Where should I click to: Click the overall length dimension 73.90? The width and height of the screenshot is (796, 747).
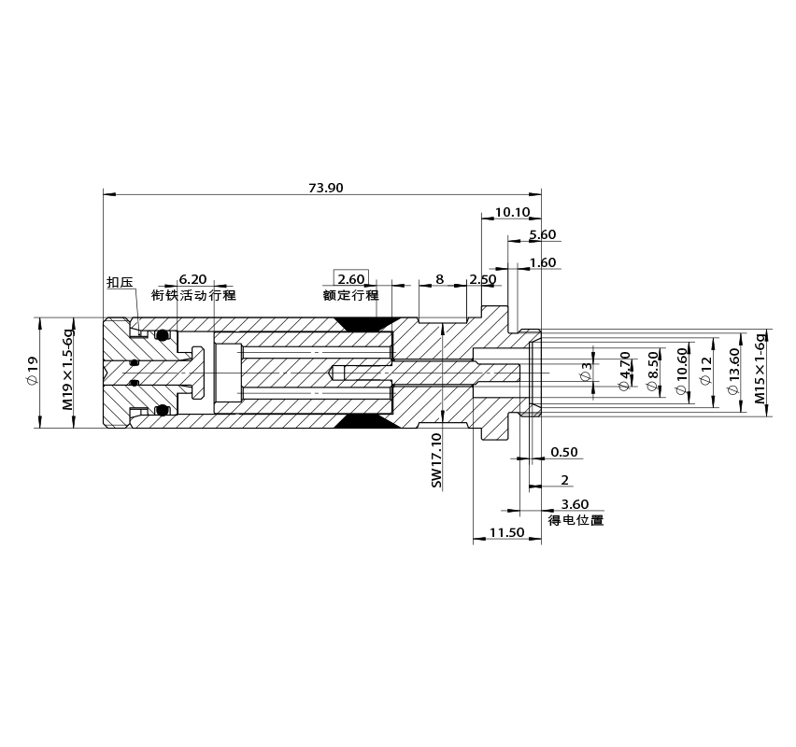tap(326, 188)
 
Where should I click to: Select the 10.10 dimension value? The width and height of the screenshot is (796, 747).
tap(512, 212)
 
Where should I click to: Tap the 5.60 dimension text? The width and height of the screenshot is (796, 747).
tap(543, 234)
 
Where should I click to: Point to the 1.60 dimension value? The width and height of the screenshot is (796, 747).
tap(543, 262)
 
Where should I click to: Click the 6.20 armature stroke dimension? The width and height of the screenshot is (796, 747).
tap(192, 279)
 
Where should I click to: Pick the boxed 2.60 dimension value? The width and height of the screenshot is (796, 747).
tap(350, 279)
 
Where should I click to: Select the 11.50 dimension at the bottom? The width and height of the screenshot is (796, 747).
tap(506, 532)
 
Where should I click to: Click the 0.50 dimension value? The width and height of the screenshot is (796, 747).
tap(564, 452)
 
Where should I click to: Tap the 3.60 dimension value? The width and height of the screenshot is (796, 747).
tap(575, 504)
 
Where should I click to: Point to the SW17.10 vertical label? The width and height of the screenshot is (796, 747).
tap(436, 460)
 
